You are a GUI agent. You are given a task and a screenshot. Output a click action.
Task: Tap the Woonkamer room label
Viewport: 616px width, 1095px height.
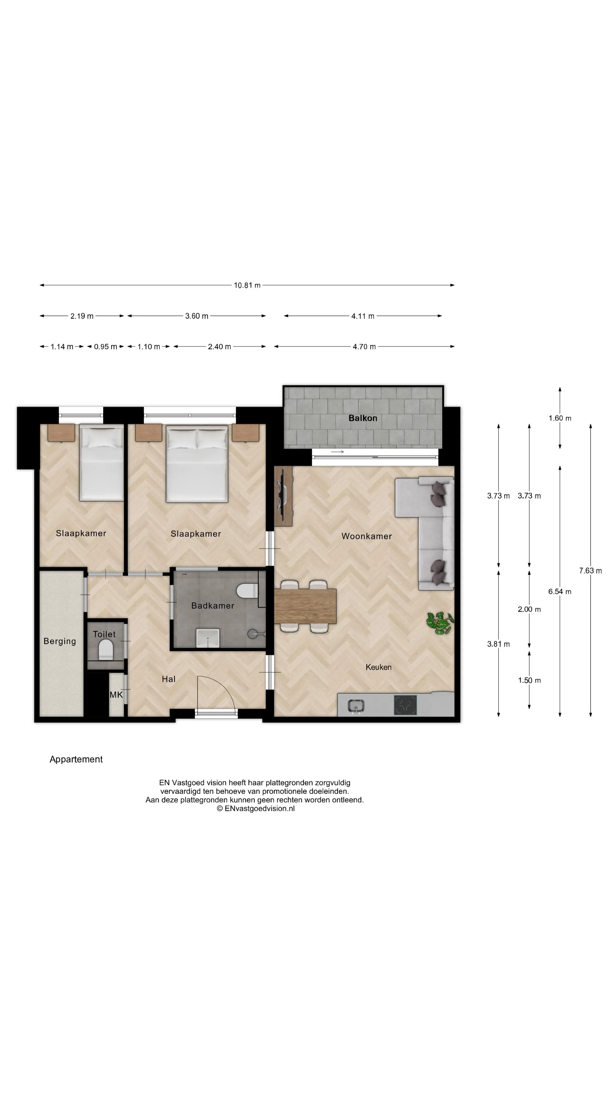(x=366, y=536)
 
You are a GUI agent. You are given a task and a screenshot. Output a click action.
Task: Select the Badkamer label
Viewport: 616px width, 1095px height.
(x=212, y=605)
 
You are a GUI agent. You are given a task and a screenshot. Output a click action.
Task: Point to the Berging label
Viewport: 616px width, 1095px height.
(x=60, y=641)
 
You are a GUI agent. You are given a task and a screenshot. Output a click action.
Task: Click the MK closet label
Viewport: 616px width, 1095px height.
(x=116, y=695)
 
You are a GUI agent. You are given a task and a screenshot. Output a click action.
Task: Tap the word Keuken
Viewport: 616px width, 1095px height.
(x=378, y=667)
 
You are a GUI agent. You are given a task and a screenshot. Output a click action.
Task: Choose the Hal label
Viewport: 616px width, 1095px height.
(x=168, y=679)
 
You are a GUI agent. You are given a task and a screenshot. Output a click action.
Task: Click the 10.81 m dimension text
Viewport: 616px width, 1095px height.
(x=247, y=285)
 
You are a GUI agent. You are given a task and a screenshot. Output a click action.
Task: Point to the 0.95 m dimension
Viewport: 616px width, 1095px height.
(x=106, y=346)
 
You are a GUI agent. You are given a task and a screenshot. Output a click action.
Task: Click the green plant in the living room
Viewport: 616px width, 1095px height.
(x=440, y=623)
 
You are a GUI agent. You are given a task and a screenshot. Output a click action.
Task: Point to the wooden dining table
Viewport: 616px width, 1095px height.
(x=305, y=606)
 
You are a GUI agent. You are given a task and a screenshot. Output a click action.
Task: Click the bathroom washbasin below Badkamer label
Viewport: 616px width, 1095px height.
(x=207, y=638)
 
